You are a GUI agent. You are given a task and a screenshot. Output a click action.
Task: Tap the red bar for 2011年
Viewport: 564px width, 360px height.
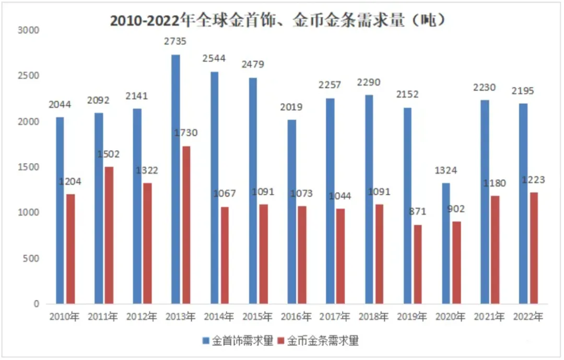(x=109, y=235)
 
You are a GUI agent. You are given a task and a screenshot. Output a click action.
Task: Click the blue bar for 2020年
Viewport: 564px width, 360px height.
(x=445, y=243)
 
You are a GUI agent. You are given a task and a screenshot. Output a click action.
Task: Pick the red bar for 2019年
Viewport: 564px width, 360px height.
(x=418, y=264)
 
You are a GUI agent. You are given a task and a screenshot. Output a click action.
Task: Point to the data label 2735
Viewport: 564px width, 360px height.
(x=175, y=41)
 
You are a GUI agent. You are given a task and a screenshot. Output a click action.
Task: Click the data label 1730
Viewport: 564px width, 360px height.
(x=185, y=133)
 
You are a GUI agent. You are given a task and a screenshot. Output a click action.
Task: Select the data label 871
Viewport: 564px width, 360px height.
(x=418, y=212)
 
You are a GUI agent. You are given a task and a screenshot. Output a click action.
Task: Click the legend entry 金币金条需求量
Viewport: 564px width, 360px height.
(x=319, y=341)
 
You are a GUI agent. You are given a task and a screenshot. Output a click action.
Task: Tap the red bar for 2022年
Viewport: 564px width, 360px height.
(x=533, y=248)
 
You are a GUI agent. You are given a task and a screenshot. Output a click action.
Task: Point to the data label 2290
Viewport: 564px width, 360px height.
(x=369, y=82)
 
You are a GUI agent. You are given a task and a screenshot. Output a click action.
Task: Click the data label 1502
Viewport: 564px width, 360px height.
(x=108, y=154)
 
